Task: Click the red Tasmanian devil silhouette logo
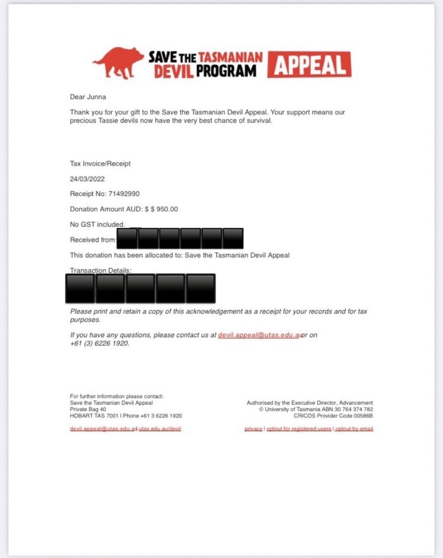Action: pyautogui.click(x=119, y=63)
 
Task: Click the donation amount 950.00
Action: pyautogui.click(x=164, y=209)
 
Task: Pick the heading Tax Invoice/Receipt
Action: pyautogui.click(x=100, y=163)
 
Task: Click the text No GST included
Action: pyautogui.click(x=97, y=225)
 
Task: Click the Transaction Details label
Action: pyautogui.click(x=100, y=271)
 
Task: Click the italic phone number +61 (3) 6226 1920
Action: pyautogui.click(x=99, y=344)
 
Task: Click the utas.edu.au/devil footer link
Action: pyautogui.click(x=160, y=429)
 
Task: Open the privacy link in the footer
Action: pyautogui.click(x=253, y=429)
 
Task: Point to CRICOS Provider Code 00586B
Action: pyautogui.click(x=333, y=415)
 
